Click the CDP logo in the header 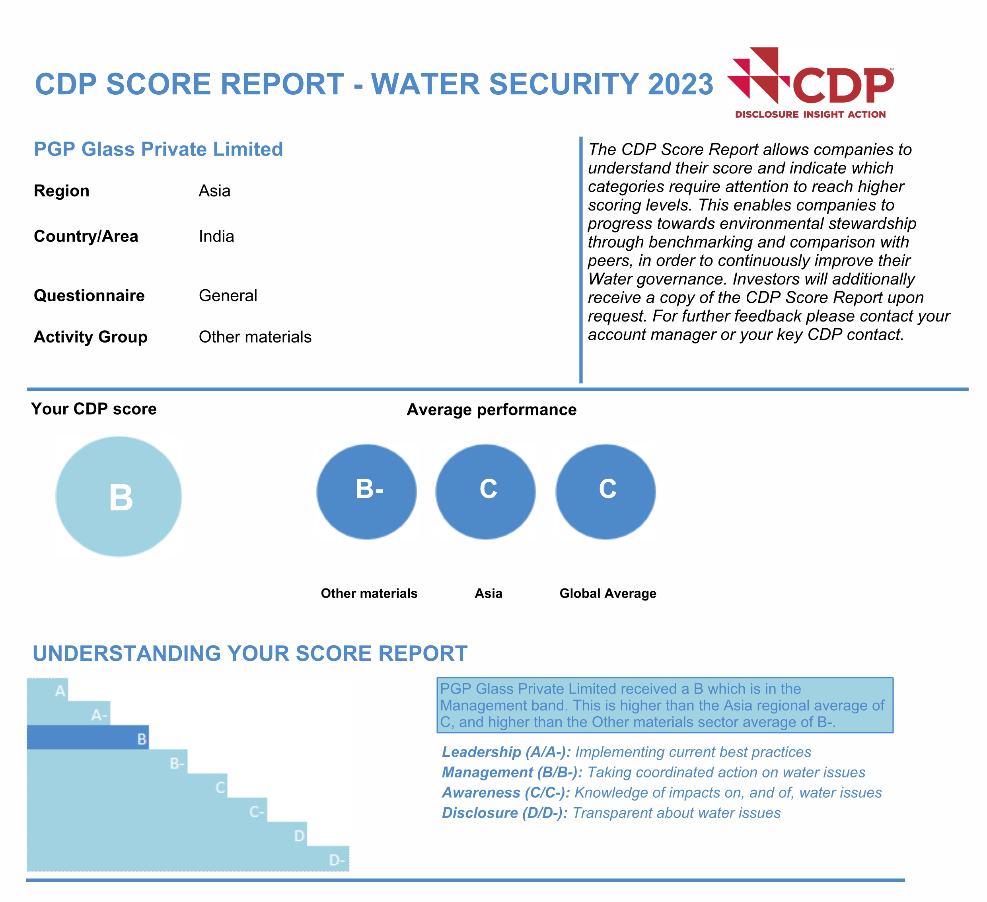pos(811,83)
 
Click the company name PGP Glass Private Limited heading pos(158,149)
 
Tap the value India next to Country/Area pos(216,236)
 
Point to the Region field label pos(62,191)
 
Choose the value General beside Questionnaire pos(228,296)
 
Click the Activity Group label pos(91,337)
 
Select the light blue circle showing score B pos(119,497)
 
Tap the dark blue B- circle pos(367,492)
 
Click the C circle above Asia pos(486,492)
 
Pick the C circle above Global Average pos(605,492)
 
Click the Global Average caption pos(607,594)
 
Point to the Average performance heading pos(492,409)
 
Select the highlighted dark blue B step pos(88,737)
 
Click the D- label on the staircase pos(337,860)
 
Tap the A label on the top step pos(60,691)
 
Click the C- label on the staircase pos(257,812)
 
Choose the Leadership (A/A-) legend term pos(506,752)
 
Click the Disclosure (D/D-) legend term pos(504,813)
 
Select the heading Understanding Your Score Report pos(250,654)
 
